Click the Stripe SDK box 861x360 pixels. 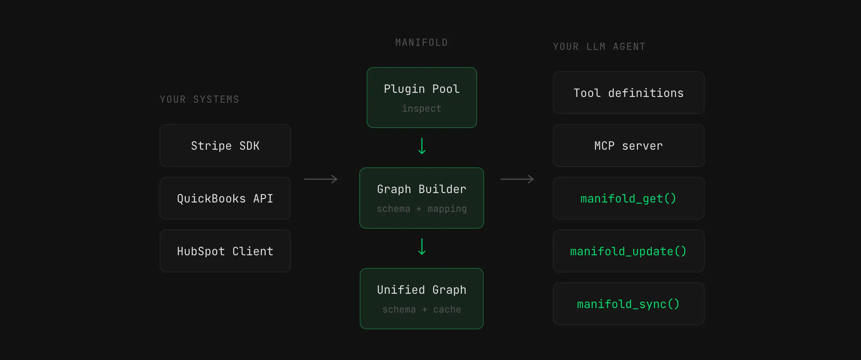point(225,146)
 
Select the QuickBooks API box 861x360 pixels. point(225,198)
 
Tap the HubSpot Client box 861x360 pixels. point(225,251)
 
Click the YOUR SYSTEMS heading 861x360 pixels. point(199,99)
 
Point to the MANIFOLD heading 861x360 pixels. point(421,43)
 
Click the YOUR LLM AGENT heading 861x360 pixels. point(599,47)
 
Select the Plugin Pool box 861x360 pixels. point(422,98)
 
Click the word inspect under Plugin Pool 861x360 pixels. point(421,108)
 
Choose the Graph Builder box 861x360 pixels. point(421,198)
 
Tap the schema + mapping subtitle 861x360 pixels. point(421,209)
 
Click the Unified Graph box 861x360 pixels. point(421,299)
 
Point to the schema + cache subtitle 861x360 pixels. point(421,310)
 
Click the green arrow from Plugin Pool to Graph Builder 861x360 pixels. point(422,146)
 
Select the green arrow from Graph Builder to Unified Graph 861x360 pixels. point(422,247)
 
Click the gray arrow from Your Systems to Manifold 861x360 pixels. point(321,179)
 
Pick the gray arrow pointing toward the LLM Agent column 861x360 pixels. point(517,179)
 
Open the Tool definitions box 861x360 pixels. point(629,93)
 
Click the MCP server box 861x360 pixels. point(629,146)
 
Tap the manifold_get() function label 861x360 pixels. point(628,199)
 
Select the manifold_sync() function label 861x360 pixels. point(628,304)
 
